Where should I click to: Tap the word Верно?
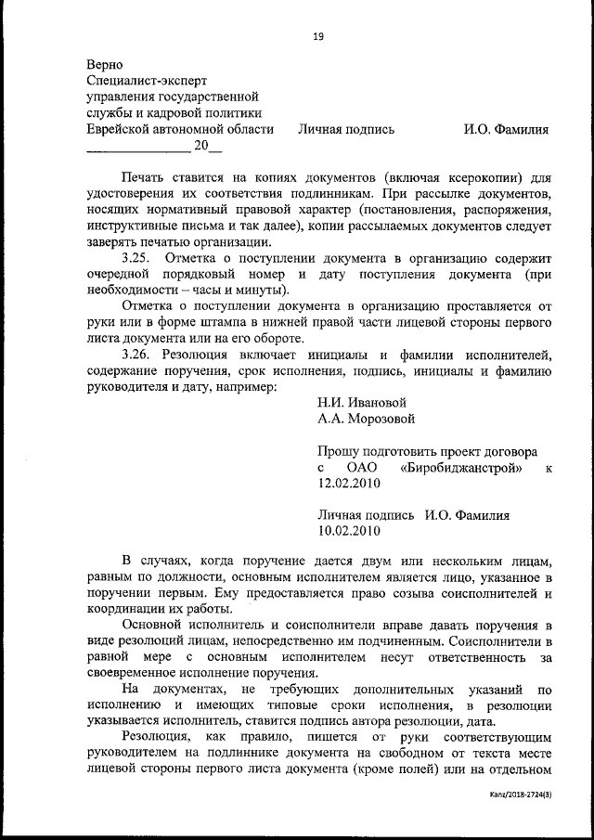coord(104,65)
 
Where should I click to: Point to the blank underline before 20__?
coord(137,148)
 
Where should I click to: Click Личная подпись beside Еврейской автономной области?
coord(345,129)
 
